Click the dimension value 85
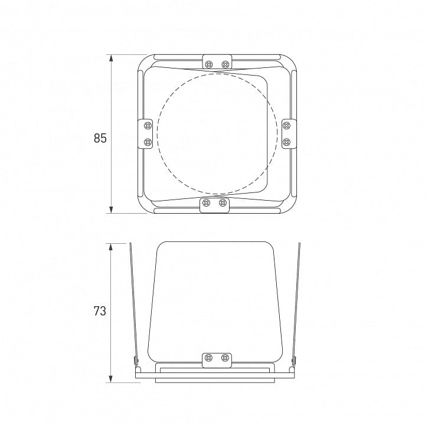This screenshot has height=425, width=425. (x=100, y=138)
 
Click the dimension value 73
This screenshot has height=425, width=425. (x=100, y=311)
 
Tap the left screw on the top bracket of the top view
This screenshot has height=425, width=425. (x=209, y=64)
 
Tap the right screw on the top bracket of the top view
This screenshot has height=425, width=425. (x=225, y=64)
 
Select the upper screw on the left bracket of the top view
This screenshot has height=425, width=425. (x=148, y=126)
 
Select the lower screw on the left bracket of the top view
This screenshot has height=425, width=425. (x=148, y=142)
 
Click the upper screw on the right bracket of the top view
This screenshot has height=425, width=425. (x=286, y=126)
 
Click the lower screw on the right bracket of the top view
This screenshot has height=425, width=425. (x=286, y=142)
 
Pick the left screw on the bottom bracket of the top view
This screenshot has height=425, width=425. (x=206, y=202)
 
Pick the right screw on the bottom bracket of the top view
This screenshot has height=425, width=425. (x=223, y=202)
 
